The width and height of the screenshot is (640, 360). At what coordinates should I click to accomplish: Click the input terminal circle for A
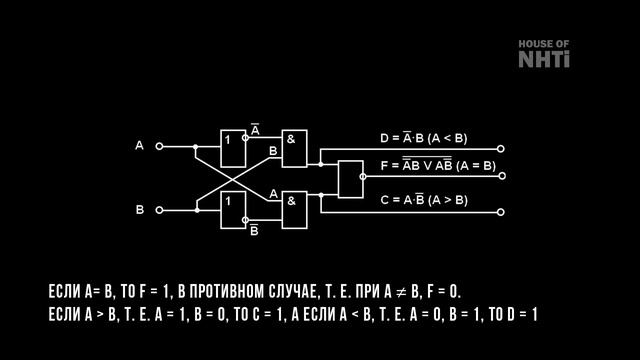pos(159,146)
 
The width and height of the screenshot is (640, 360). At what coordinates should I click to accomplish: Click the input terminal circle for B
pos(159,210)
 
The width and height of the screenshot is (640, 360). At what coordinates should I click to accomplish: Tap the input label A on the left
pos(140,146)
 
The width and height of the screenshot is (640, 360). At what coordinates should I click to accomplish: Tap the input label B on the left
pos(140,210)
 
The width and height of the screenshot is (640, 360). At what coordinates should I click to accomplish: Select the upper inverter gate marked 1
pos(233,146)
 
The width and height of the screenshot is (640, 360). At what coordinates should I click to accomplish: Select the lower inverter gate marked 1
pos(233,210)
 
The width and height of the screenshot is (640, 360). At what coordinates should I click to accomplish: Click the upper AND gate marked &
pos(294,148)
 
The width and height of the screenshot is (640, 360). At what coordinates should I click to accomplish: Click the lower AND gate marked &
pos(294,208)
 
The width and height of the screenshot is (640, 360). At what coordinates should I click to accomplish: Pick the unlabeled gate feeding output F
pos(351,178)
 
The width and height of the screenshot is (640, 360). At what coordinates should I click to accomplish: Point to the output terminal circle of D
pos(501,148)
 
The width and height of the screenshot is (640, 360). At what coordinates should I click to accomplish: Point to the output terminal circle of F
pos(501,176)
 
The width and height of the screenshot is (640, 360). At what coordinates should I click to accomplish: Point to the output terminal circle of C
pos(501,211)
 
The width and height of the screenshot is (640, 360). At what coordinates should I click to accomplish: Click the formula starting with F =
pos(437,165)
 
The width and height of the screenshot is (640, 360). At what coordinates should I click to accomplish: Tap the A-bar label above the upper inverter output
pos(255,131)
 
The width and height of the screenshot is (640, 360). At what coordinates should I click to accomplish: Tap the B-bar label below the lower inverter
pos(254,230)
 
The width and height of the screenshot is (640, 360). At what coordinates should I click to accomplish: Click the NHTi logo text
pos(544,59)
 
